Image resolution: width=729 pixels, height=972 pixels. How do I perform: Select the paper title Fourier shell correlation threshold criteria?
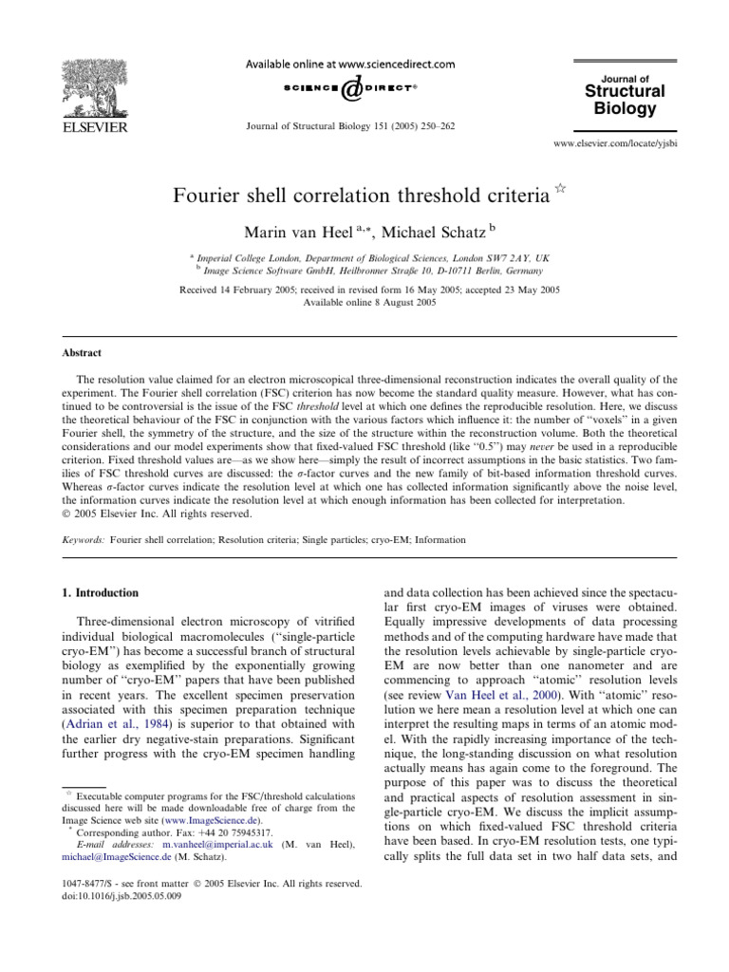point(360,196)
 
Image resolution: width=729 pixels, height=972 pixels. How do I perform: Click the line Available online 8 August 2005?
point(364,301)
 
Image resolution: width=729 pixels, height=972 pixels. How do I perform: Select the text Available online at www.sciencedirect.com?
point(364,64)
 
